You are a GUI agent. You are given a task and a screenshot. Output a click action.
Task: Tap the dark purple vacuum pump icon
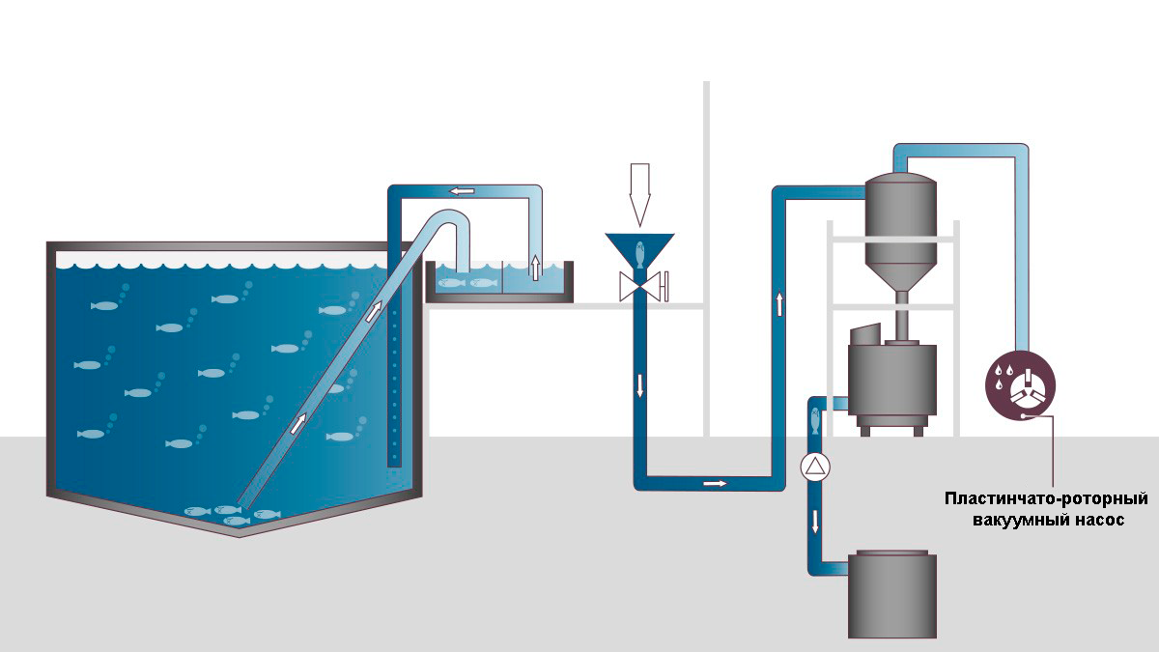point(1021,383)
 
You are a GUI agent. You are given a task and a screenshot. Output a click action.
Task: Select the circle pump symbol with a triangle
point(816,468)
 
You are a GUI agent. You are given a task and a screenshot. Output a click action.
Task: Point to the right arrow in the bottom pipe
point(715,481)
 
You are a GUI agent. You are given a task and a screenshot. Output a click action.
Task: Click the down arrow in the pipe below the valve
point(639,384)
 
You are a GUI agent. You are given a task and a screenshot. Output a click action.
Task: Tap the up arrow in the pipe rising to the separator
point(779,303)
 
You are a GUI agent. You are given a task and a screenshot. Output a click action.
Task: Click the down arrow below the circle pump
point(816,522)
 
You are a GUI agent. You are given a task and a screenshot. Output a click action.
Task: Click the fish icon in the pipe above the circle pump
point(816,421)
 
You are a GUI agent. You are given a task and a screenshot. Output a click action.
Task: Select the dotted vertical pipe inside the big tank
point(394,386)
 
